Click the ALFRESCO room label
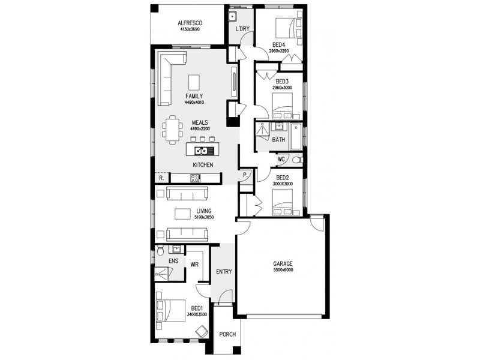tap(189, 23)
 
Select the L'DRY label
tap(242, 28)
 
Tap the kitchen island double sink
tap(202, 151)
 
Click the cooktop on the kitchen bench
tap(196, 177)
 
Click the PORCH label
tap(227, 334)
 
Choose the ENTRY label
tap(224, 272)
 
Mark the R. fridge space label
tap(161, 178)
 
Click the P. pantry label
tap(245, 175)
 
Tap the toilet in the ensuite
tap(160, 251)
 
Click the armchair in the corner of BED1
tap(202, 330)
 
